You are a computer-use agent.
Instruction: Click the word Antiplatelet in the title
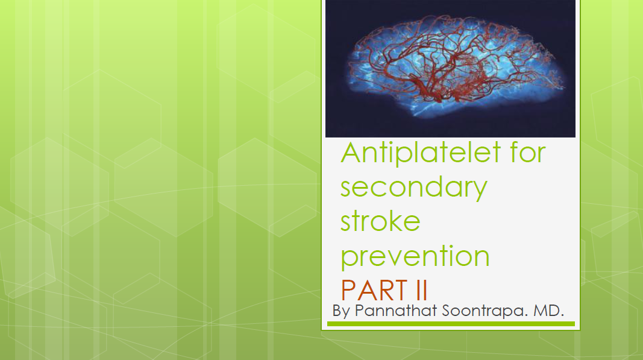(421, 153)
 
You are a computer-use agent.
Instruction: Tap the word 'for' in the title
(528, 152)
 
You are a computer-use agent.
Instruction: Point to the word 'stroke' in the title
(380, 221)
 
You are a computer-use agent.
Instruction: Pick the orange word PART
(374, 290)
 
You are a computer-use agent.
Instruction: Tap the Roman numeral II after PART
(422, 290)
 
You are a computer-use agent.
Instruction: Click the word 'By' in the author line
(340, 311)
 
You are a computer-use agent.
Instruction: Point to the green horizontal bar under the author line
(451, 324)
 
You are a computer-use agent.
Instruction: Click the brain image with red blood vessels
(450, 69)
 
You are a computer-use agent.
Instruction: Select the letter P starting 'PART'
(348, 290)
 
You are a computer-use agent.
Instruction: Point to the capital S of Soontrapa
(447, 311)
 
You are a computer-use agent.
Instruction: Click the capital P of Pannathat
(359, 311)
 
